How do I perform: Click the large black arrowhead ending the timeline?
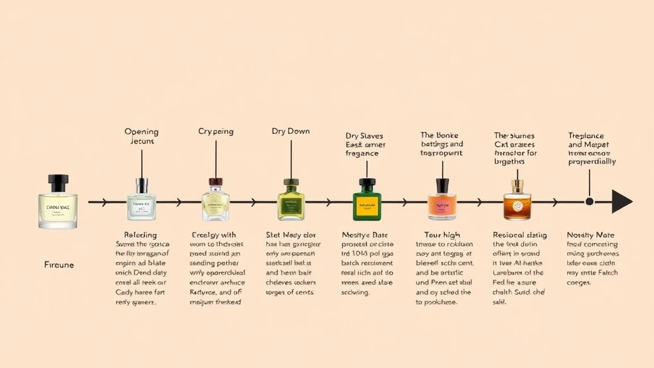pyautogui.click(x=621, y=201)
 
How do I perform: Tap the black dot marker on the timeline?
pyautogui.click(x=589, y=201)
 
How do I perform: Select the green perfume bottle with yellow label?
pyautogui.click(x=367, y=200)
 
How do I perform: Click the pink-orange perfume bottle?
pyautogui.click(x=442, y=200)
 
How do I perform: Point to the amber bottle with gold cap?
pyautogui.click(x=517, y=200)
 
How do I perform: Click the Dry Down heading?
pyautogui.click(x=291, y=131)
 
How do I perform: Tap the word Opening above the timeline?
pyautogui.click(x=141, y=132)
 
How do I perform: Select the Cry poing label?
pyautogui.click(x=216, y=131)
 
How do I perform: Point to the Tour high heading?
pyautogui.click(x=443, y=235)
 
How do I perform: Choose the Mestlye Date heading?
pyautogui.click(x=365, y=235)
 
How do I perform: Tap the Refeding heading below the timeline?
pyautogui.click(x=140, y=235)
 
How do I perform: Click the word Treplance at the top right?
pyautogui.click(x=586, y=136)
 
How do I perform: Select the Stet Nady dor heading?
pyautogui.click(x=291, y=235)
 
